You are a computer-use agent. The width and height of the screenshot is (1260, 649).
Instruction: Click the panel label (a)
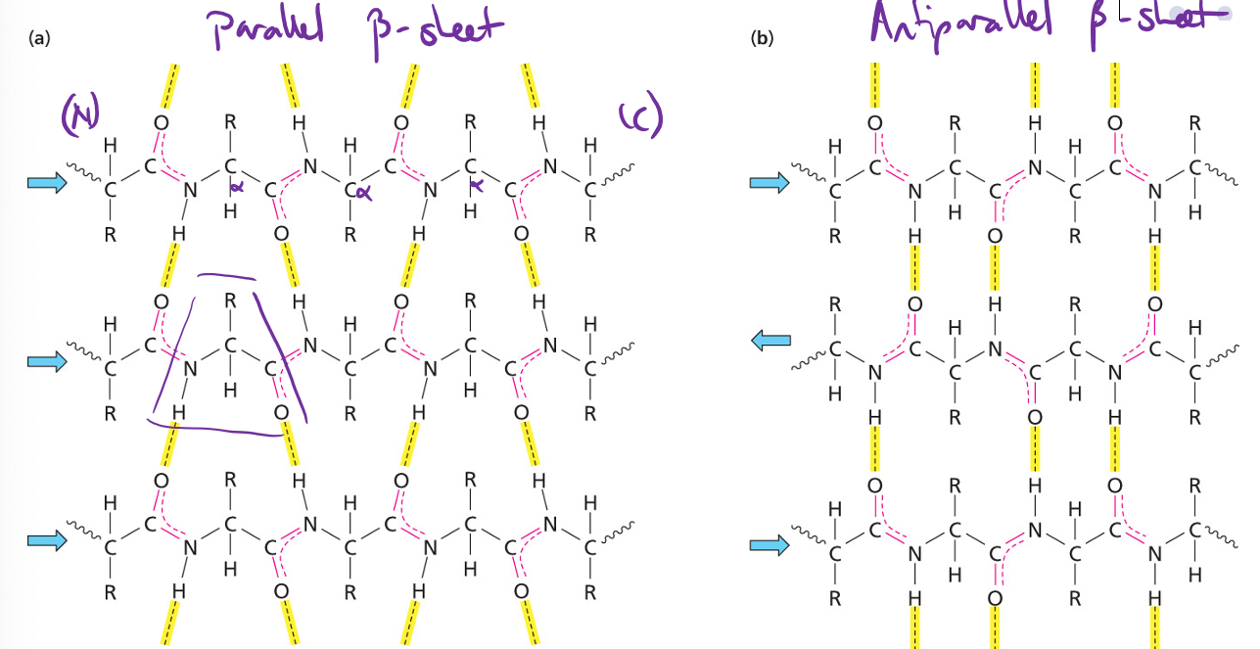[x=39, y=39]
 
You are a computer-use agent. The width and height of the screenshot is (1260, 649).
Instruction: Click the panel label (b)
[x=761, y=39]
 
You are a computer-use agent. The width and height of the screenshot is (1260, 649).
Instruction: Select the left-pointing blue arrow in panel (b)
[x=770, y=341]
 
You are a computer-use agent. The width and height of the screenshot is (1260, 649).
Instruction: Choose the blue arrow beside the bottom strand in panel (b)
[x=770, y=545]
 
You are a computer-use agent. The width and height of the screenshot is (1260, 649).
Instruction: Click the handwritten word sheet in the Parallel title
[x=460, y=26]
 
